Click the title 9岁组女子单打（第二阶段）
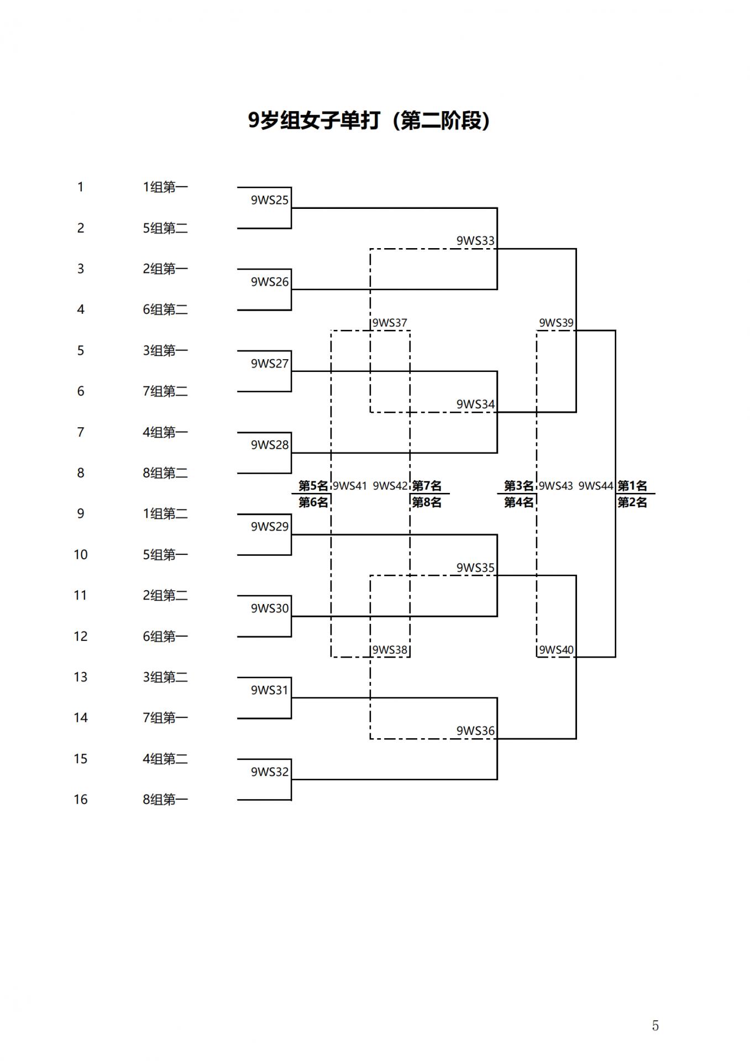click(369, 120)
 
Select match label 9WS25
click(270, 200)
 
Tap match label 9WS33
click(475, 241)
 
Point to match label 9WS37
click(390, 323)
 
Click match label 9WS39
click(556, 323)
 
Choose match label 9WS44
click(596, 486)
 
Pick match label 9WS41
click(350, 486)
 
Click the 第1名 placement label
click(632, 486)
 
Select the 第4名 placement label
click(518, 502)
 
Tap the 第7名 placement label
click(427, 486)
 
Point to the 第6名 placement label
click(313, 502)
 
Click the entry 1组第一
click(165, 187)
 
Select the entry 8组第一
click(165, 800)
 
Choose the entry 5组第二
click(165, 228)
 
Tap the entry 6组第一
click(165, 637)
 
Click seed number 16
click(81, 800)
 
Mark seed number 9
click(81, 514)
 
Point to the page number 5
click(655, 1026)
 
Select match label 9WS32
click(270, 772)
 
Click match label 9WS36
click(475, 731)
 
